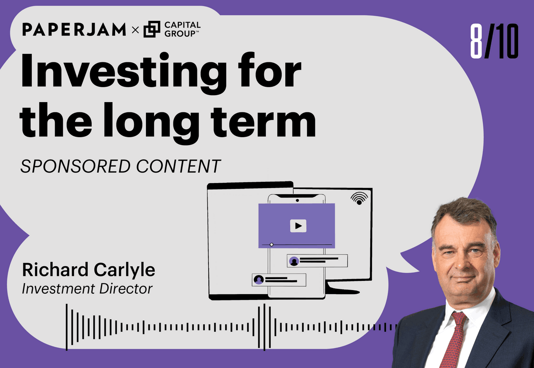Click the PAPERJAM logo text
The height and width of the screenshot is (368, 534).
pyautogui.click(x=74, y=30)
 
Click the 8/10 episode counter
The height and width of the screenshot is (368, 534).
pyautogui.click(x=494, y=42)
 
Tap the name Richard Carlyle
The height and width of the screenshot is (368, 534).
pyautogui.click(x=88, y=270)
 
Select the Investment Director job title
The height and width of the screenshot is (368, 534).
pyautogui.click(x=87, y=289)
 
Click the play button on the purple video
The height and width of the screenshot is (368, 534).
pyautogui.click(x=298, y=226)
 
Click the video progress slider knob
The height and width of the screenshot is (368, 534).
pyautogui.click(x=272, y=245)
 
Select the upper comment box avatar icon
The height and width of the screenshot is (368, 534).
pyautogui.click(x=294, y=261)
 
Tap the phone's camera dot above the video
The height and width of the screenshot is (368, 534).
pyautogui.click(x=297, y=200)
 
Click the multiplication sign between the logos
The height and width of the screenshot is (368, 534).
pyautogui.click(x=135, y=30)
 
